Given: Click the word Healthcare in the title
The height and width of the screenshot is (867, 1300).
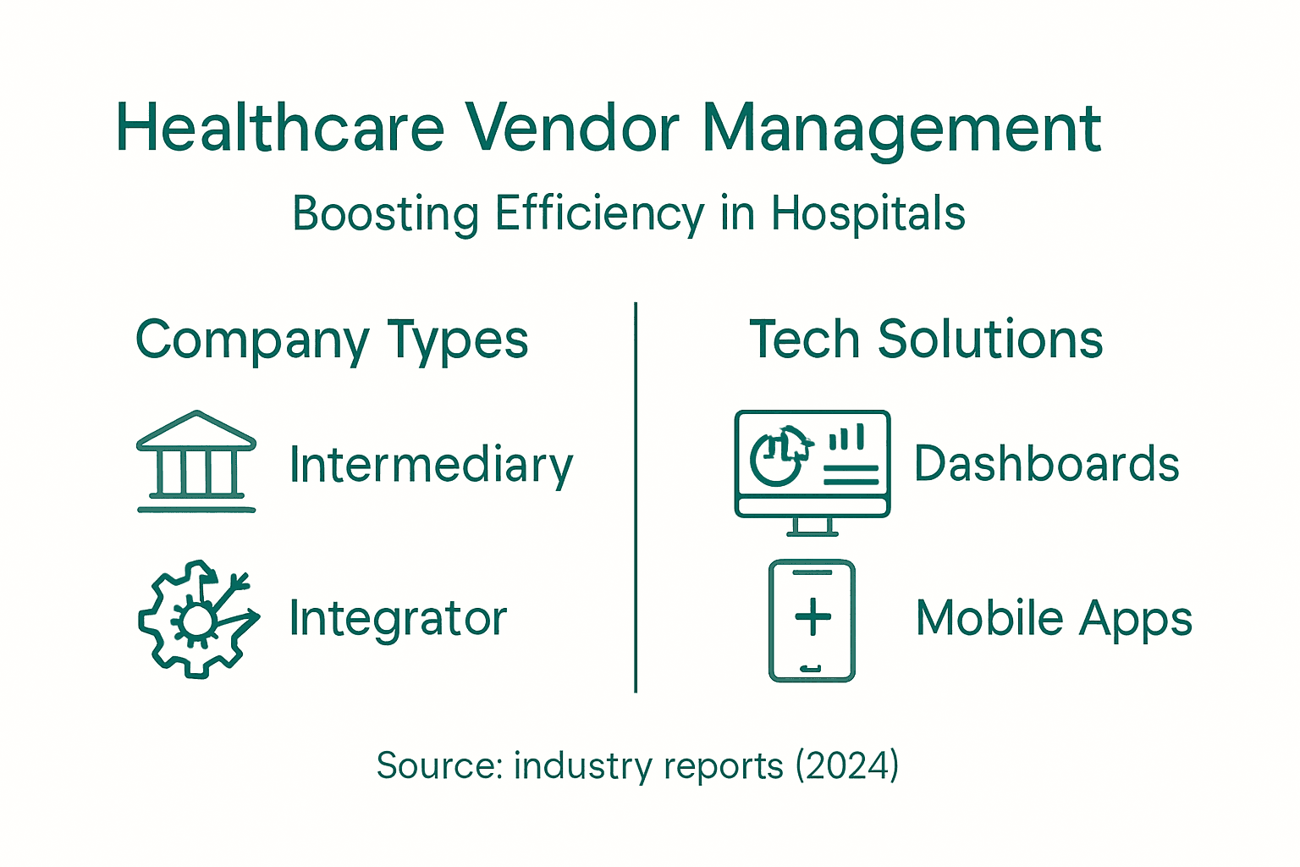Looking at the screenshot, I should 280,129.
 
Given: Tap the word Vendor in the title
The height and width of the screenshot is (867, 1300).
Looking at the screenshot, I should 572,129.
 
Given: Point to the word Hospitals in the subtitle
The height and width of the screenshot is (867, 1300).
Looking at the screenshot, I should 868,213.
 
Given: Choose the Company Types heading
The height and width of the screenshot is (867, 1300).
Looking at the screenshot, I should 332,341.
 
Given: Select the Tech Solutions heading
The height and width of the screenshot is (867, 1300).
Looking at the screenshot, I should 926,340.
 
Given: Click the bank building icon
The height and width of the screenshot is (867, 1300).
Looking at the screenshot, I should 196,461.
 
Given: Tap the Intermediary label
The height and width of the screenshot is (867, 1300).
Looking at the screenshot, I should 431,466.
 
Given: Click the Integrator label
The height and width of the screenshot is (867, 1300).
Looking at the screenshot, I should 398,619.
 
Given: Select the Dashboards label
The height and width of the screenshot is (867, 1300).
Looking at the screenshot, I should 1046,464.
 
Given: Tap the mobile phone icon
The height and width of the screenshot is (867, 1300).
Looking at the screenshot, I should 812,621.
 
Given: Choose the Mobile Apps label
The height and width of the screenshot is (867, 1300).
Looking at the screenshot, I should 1054,618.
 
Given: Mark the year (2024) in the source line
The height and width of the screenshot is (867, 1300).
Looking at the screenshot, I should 846,765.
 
